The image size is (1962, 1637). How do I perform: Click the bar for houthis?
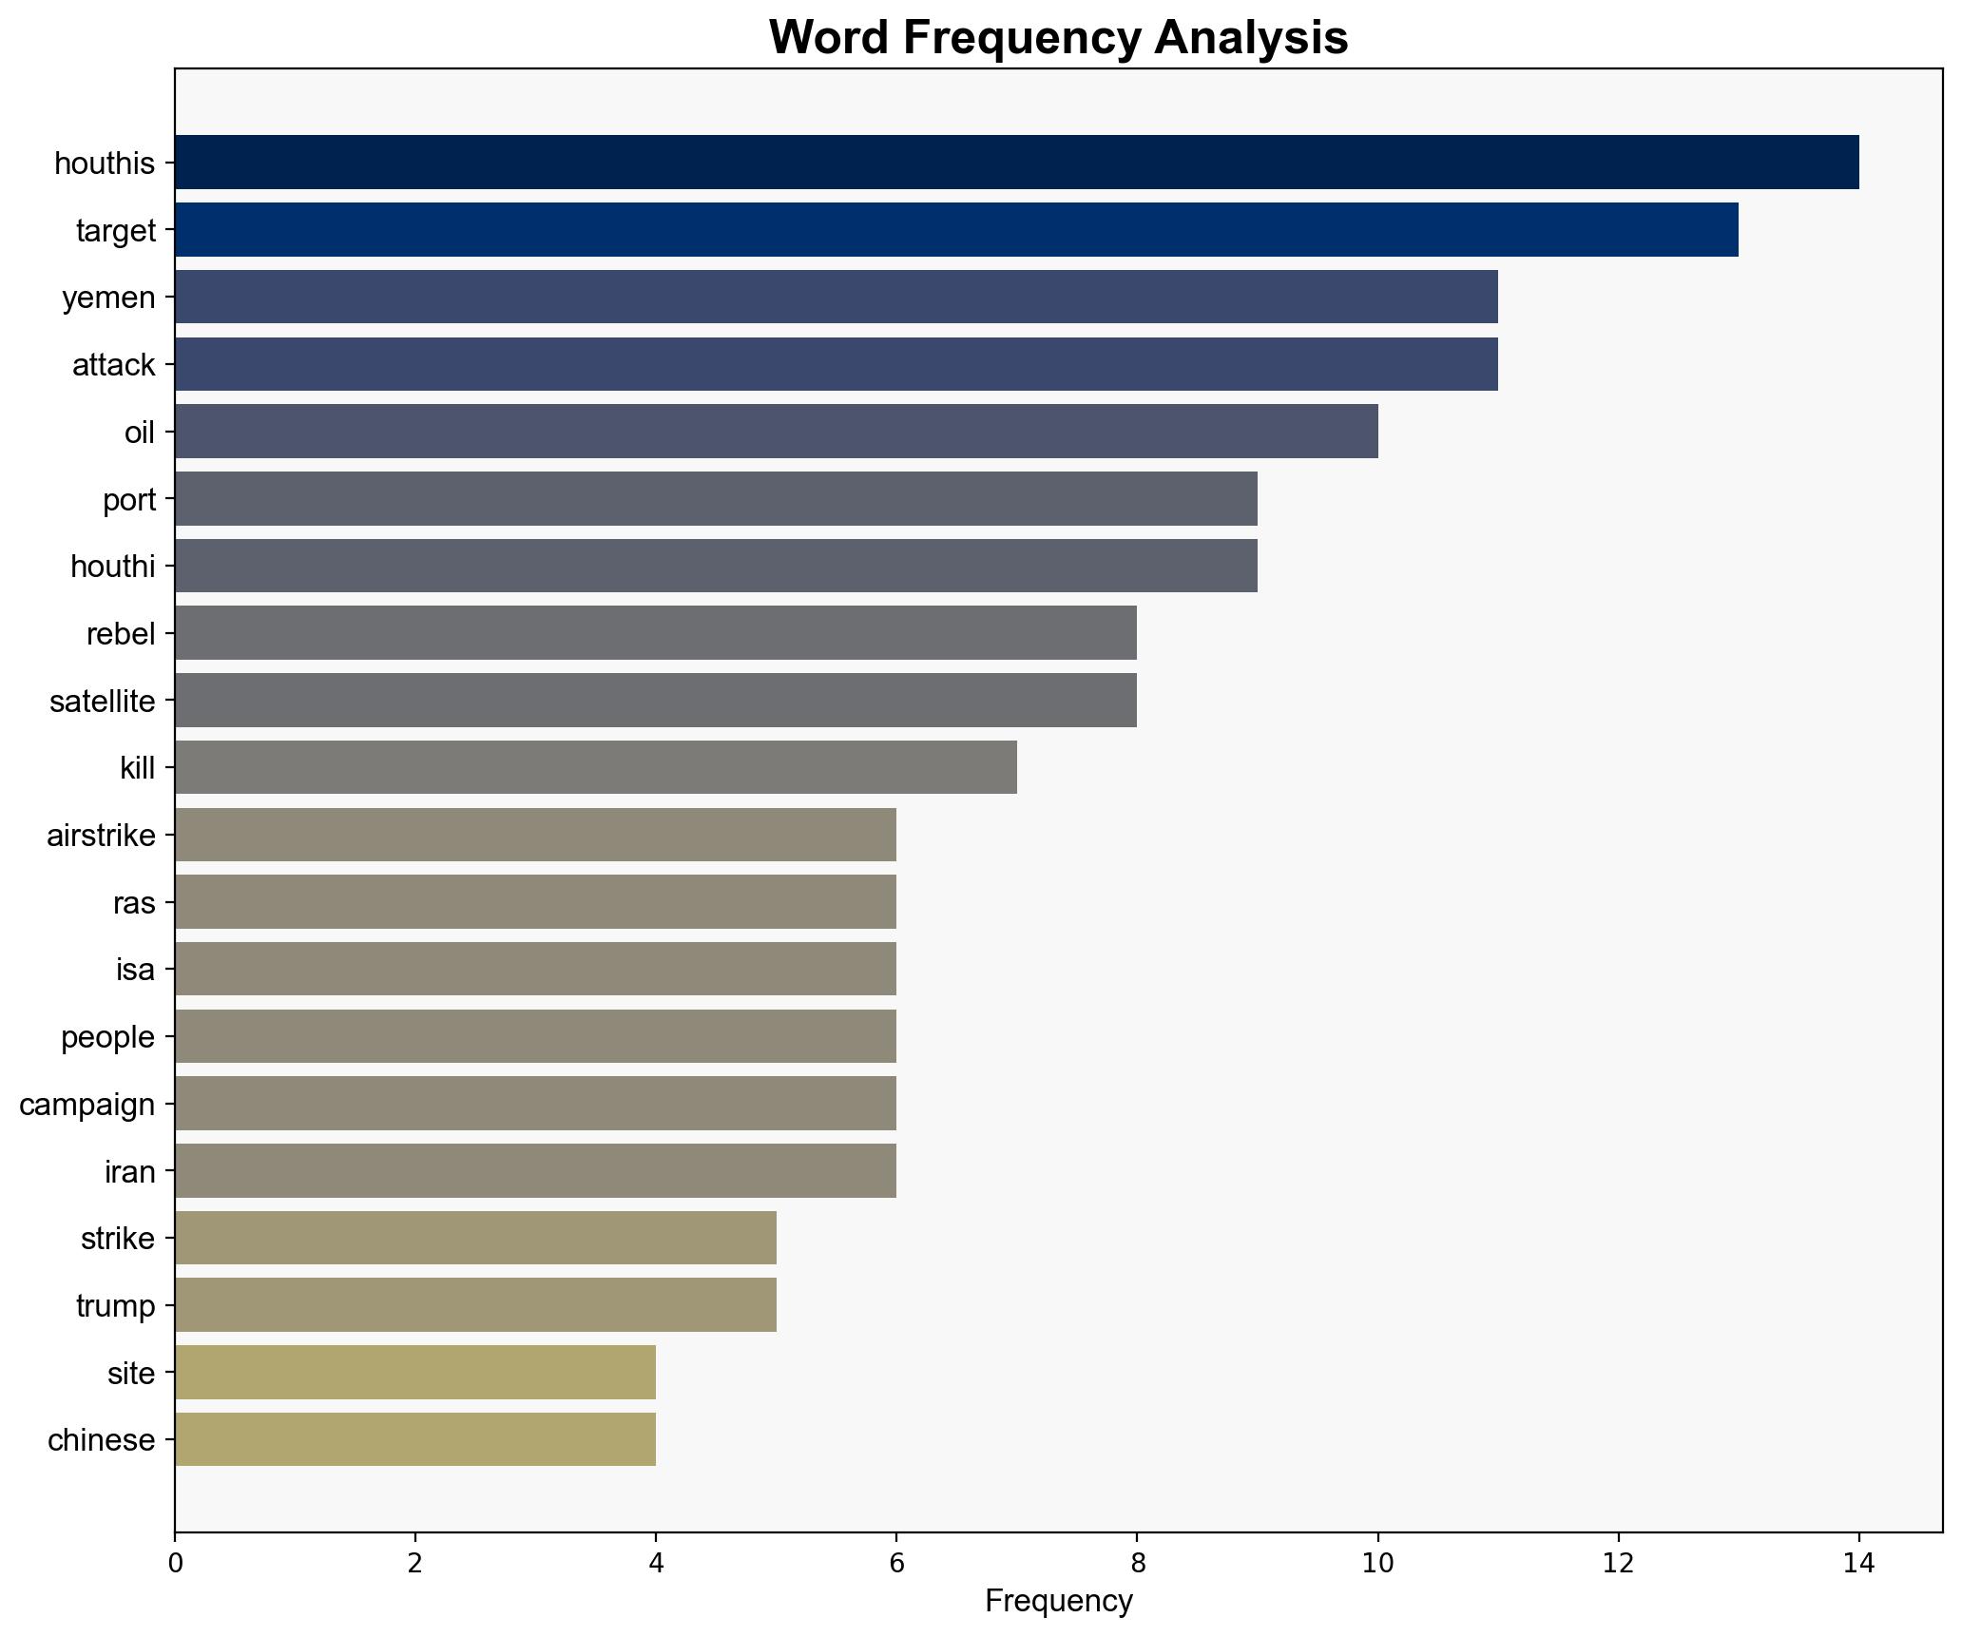[x=1016, y=163]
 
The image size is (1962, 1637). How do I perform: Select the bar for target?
[x=956, y=230]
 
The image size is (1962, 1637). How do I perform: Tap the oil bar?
[x=776, y=432]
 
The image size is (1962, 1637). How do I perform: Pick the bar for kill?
[x=595, y=767]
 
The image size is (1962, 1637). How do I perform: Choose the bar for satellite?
[x=655, y=701]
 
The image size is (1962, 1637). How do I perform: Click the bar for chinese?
[x=414, y=1439]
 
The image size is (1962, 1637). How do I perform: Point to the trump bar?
[x=475, y=1305]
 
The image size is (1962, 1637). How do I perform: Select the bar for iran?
[x=535, y=1171]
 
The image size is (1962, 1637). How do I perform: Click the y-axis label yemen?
[x=108, y=299]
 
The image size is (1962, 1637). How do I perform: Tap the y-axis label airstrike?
[x=101, y=836]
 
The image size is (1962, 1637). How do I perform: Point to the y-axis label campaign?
[x=87, y=1105]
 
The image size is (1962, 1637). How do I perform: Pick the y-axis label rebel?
[x=120, y=634]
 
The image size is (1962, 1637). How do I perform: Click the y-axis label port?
[x=128, y=500]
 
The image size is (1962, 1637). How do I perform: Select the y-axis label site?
[x=131, y=1374]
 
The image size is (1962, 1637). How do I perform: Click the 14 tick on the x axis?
[x=1858, y=1563]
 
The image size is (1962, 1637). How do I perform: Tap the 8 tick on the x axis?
[x=1136, y=1563]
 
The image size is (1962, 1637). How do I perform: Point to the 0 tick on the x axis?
[x=175, y=1563]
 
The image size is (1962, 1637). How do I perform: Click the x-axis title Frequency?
[x=1058, y=1602]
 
